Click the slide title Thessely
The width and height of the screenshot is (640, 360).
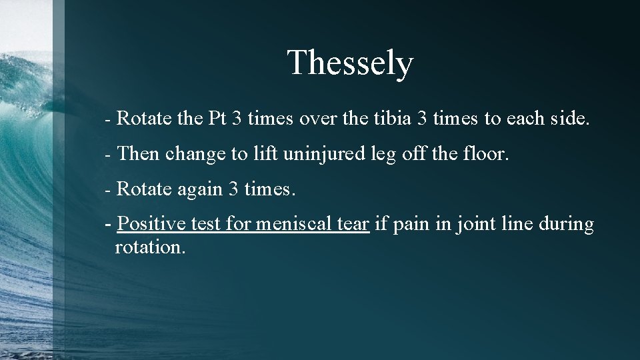pos(350,63)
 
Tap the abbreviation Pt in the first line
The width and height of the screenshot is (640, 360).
pos(217,119)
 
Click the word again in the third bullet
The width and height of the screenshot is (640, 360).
pos(199,189)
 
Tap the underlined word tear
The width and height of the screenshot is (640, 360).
pos(353,224)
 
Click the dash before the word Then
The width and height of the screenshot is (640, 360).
pos(108,155)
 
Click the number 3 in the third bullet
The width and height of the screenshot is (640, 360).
pos(233,189)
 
